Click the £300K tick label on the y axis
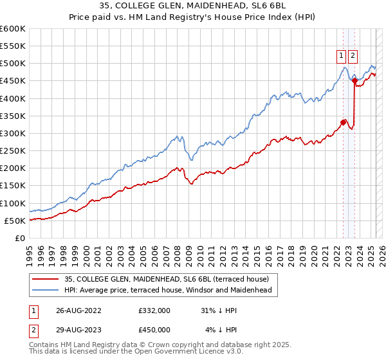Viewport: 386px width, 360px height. (12, 133)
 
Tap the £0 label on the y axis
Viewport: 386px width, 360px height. (20, 238)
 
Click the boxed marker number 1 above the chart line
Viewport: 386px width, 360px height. (340, 55)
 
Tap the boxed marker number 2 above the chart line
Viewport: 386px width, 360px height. (353, 55)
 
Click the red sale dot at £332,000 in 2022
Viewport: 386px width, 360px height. (344, 122)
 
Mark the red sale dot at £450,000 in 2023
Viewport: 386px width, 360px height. (355, 80)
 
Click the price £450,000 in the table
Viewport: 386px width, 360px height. (154, 330)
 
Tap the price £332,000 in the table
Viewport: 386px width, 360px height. (154, 310)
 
